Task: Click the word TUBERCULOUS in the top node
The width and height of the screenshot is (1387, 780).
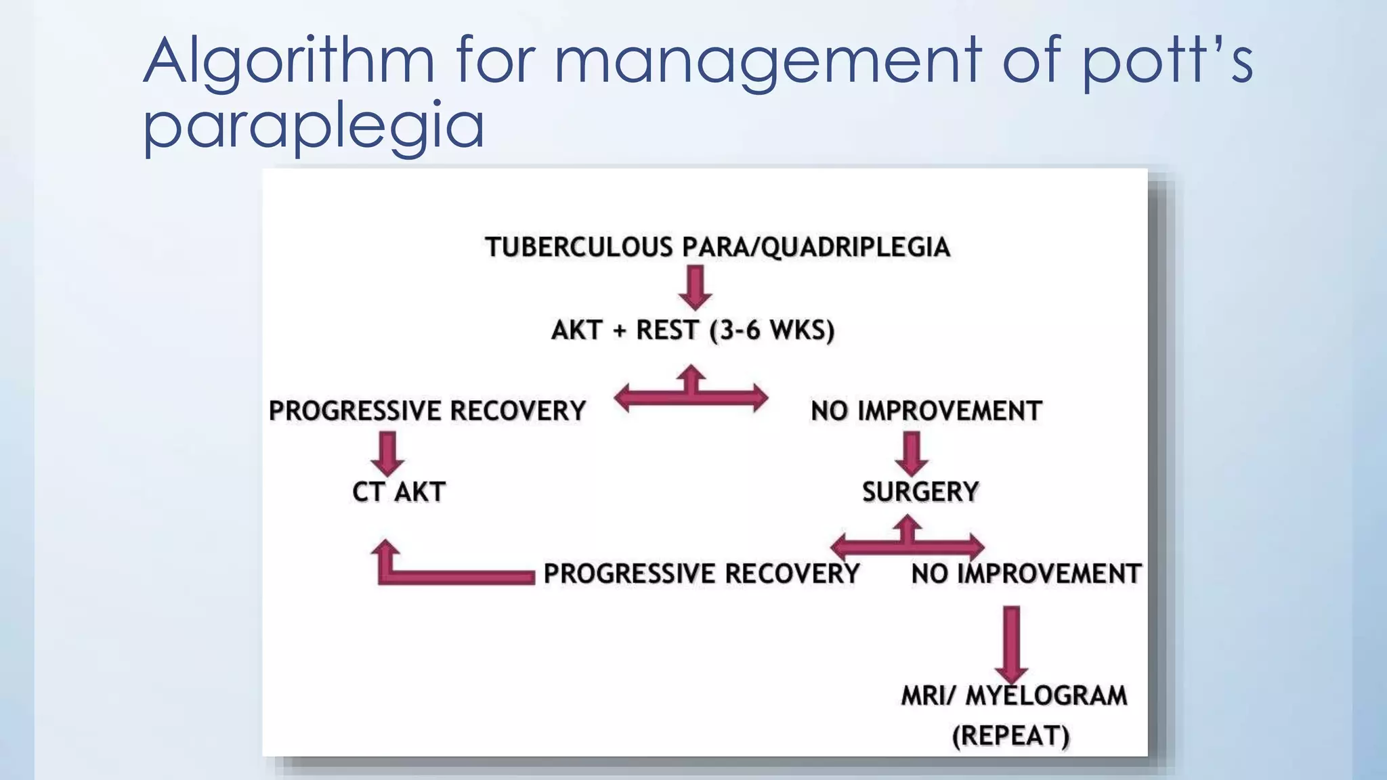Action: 578,248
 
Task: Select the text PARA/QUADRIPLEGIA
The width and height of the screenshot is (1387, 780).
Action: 816,248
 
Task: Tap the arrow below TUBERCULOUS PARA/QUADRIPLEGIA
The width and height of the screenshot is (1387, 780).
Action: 695,287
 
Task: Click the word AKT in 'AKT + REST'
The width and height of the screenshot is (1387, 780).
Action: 576,330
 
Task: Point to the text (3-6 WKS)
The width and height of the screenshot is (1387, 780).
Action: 771,330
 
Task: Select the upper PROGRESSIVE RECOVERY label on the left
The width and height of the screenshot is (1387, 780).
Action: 427,411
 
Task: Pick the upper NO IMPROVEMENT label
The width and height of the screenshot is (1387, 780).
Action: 926,411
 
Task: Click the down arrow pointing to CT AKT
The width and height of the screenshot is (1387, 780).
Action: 387,453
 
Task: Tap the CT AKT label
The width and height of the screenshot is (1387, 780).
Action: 399,492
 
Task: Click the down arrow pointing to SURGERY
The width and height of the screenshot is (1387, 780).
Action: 912,453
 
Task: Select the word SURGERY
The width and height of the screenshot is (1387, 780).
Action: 920,492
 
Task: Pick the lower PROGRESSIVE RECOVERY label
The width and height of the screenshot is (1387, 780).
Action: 701,574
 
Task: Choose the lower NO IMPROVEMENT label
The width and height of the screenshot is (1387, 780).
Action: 1025,574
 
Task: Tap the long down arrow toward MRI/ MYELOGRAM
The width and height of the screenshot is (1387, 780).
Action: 1011,643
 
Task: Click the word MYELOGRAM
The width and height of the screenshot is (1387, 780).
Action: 1046,696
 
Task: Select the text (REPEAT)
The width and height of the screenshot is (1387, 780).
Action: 1010,736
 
